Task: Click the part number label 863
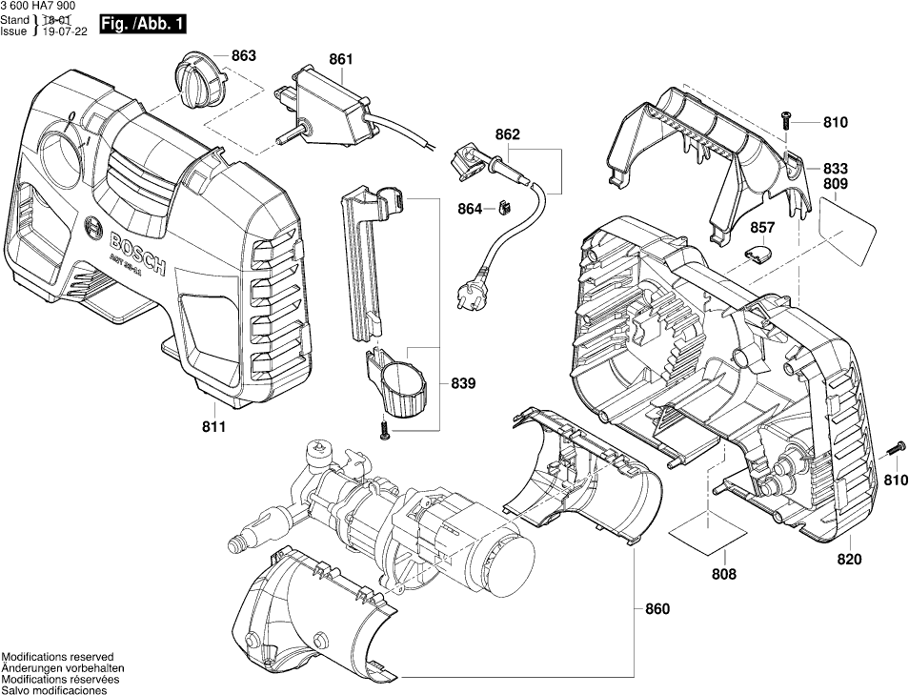243,55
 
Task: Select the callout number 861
340,60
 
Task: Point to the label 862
508,135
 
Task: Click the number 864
469,209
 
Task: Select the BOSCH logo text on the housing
124,249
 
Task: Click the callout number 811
213,427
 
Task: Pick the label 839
463,383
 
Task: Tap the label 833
835,165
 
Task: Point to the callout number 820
849,559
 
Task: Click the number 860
657,608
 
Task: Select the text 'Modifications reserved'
57,657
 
